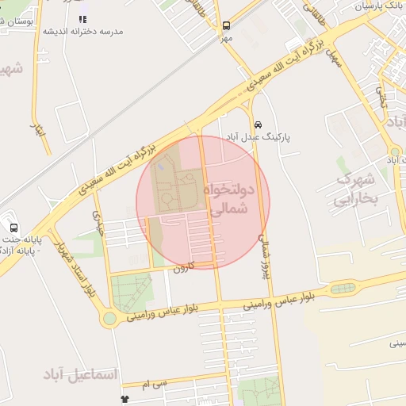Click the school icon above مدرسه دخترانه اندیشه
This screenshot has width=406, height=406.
point(82,18)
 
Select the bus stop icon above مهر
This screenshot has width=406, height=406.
point(227,25)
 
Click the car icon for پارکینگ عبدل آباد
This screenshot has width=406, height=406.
point(259,124)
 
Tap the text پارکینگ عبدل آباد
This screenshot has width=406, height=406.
point(259,136)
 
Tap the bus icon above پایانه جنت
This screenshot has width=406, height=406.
point(13,227)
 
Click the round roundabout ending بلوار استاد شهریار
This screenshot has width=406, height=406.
point(109,319)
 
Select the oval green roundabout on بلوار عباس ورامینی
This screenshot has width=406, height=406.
point(343,288)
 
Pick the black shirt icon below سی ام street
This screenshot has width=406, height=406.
point(124,399)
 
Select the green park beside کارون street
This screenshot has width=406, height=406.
point(131,291)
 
